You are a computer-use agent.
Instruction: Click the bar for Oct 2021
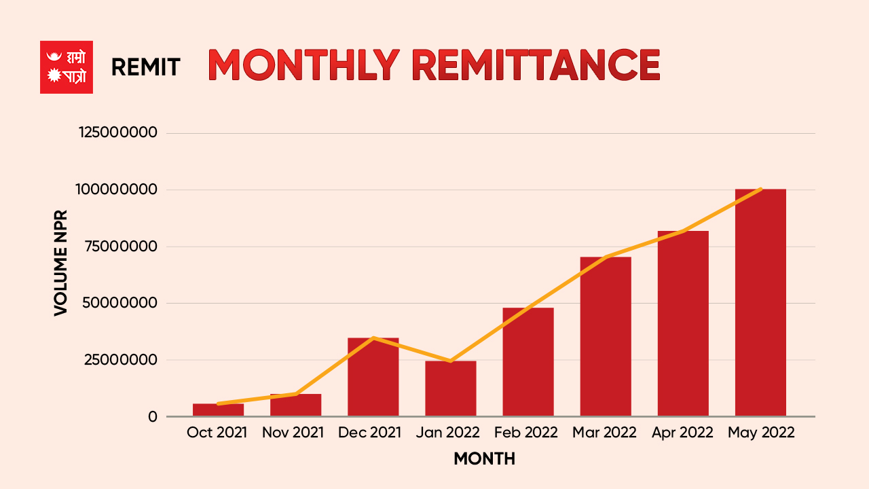coord(218,410)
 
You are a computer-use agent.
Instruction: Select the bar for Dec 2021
coord(373,378)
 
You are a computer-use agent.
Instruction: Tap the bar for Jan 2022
coord(450,388)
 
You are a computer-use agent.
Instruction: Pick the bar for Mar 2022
coord(605,337)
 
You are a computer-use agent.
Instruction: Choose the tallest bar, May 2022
coord(760,303)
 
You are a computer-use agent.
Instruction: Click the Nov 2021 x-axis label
coord(293,433)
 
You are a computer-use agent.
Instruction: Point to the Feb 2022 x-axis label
coord(526,433)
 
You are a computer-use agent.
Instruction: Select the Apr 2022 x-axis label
coord(682,433)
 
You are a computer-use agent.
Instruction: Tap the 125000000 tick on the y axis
coord(118,132)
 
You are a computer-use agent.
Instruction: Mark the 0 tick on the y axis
coord(153,416)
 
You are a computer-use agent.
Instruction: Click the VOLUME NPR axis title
coord(61,262)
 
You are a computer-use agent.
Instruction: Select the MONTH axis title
coord(484,459)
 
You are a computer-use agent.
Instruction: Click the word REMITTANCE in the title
coord(536,65)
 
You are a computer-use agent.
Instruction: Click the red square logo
coord(67,67)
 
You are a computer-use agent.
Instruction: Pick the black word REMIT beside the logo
coord(145,67)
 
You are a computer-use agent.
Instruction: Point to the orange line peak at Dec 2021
coord(373,338)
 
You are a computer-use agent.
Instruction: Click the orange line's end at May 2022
coord(760,189)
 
